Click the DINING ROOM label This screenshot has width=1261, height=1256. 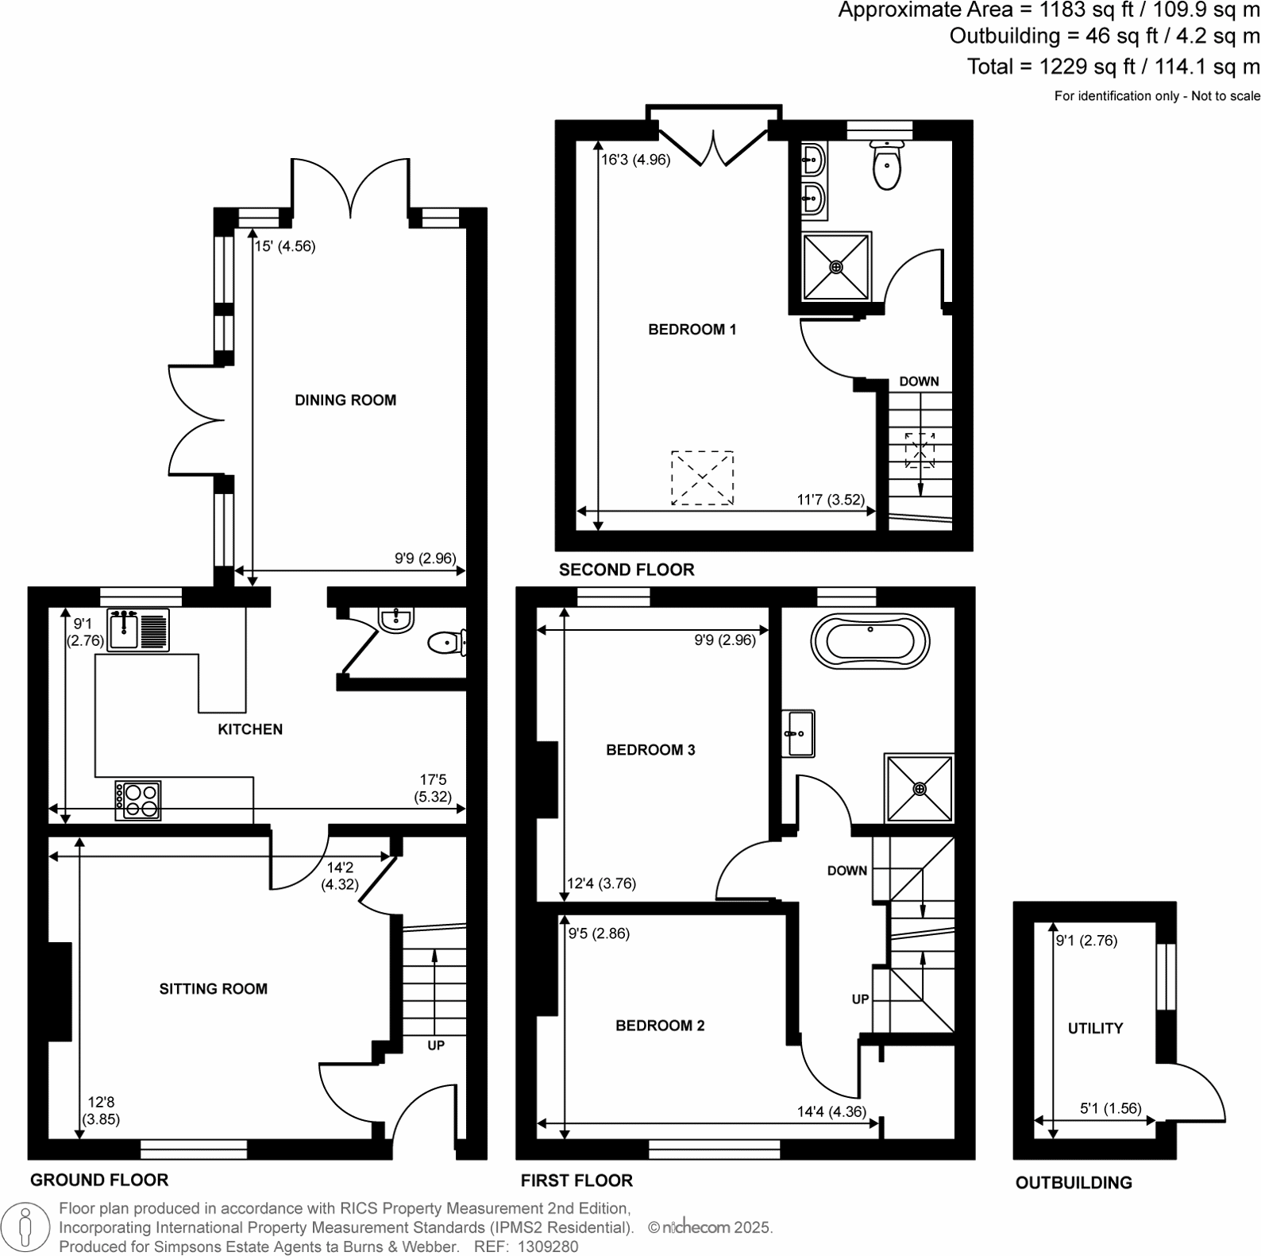pyautogui.click(x=345, y=400)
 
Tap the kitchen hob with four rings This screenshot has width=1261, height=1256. pyautogui.click(x=138, y=800)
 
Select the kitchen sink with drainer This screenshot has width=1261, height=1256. pyautogui.click(x=138, y=630)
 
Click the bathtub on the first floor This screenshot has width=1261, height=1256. pyautogui.click(x=870, y=641)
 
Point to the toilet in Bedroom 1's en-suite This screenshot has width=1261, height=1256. pyautogui.click(x=886, y=166)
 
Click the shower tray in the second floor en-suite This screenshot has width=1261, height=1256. pyautogui.click(x=836, y=267)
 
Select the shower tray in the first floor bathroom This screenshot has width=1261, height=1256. pyautogui.click(x=920, y=788)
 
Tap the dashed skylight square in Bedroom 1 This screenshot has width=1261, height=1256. pyautogui.click(x=702, y=477)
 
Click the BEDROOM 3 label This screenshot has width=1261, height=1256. pyautogui.click(x=650, y=750)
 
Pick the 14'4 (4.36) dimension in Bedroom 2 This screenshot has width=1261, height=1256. pyautogui.click(x=831, y=1111)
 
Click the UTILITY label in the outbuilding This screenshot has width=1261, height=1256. pyautogui.click(x=1095, y=1028)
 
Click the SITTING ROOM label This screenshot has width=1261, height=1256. pyautogui.click(x=213, y=989)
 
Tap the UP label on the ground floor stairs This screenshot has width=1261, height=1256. pyautogui.click(x=436, y=1045)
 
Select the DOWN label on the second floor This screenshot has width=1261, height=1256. pyautogui.click(x=919, y=381)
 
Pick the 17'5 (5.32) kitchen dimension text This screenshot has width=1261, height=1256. pyautogui.click(x=433, y=788)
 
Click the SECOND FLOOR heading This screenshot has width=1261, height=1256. pyautogui.click(x=627, y=570)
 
